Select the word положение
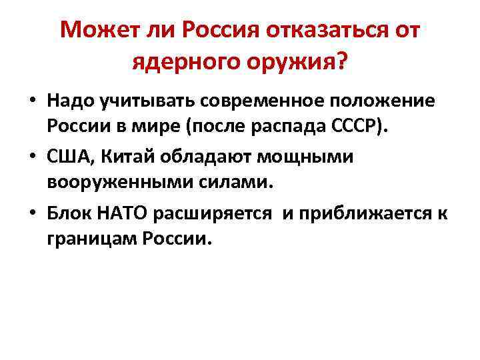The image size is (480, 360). pos(388,103)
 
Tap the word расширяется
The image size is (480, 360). pos(212,214)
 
